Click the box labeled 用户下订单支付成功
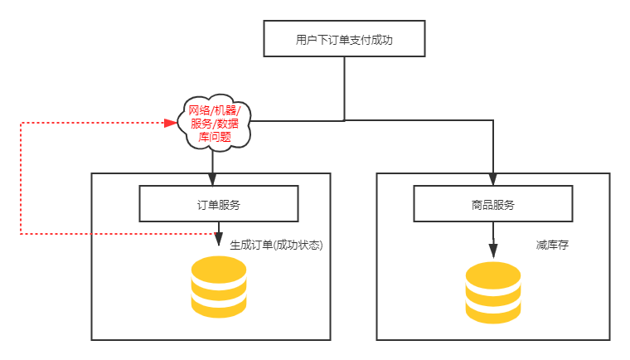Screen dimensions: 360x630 pyautogui.click(x=344, y=39)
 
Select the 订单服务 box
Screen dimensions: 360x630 pyautogui.click(x=218, y=204)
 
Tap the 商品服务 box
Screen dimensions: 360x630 pyautogui.click(x=492, y=204)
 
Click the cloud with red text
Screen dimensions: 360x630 pyautogui.click(x=215, y=123)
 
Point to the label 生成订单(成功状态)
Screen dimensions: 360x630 pyautogui.click(x=275, y=246)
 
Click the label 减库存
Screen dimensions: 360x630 pyautogui.click(x=551, y=246)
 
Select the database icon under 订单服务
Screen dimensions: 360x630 pyautogui.click(x=219, y=286)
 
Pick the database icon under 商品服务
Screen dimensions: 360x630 pyautogui.click(x=493, y=292)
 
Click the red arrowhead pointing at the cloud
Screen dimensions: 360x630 pyautogui.click(x=172, y=123)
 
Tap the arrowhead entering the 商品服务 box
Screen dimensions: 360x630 pyautogui.click(x=493, y=178)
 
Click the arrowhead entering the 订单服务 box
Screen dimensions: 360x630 pyautogui.click(x=213, y=178)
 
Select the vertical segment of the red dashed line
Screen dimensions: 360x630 pyautogui.click(x=21, y=178)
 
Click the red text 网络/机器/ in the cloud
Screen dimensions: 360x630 pyautogui.click(x=215, y=110)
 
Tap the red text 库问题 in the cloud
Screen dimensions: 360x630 pyautogui.click(x=215, y=136)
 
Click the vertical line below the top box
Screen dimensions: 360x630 pyautogui.click(x=343, y=87)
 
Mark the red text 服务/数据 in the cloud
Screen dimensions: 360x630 pyautogui.click(x=215, y=123)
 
